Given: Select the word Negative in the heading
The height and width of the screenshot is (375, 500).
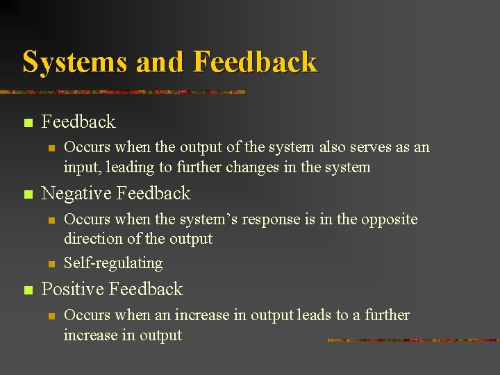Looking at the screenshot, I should pyautogui.click(x=77, y=193).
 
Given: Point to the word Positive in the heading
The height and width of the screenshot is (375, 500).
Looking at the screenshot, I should pyautogui.click(x=73, y=289).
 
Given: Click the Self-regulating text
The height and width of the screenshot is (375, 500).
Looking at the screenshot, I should pyautogui.click(x=113, y=263).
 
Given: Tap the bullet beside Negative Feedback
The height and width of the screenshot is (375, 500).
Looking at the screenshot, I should pyautogui.click(x=27, y=194).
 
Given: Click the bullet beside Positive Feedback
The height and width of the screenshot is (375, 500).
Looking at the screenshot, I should pyautogui.click(x=27, y=290).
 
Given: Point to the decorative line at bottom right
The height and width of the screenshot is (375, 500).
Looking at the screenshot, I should pyautogui.click(x=412, y=340).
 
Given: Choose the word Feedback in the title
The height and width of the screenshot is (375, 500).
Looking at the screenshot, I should pyautogui.click(x=255, y=62).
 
